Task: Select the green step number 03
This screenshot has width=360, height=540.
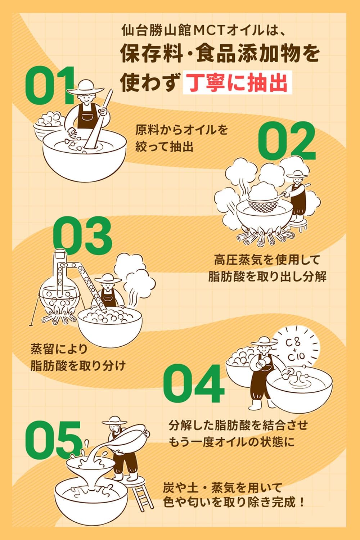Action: pos(82,235)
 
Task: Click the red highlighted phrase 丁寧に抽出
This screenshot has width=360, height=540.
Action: pos(237,82)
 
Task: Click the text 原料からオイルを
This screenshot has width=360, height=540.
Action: pos(182,130)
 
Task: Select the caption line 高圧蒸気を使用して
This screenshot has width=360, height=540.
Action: pos(267,259)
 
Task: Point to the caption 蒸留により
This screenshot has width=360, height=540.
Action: pos(59,349)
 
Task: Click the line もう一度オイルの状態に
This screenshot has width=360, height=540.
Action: pos(231,442)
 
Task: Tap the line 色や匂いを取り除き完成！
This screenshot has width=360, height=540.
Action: pos(234,502)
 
